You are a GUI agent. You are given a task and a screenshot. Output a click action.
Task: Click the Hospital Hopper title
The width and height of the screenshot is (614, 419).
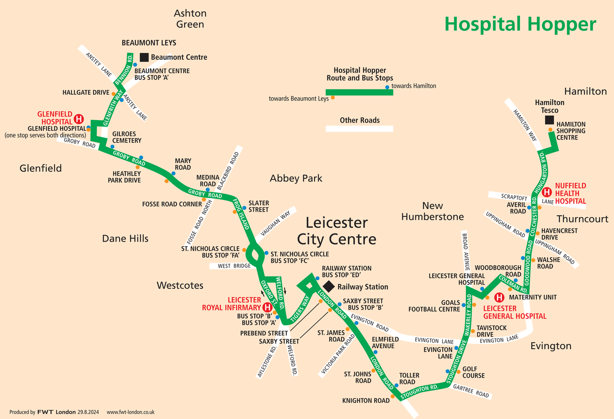point(520,24)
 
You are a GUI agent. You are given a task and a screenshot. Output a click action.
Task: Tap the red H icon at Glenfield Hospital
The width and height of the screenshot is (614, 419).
point(79,119)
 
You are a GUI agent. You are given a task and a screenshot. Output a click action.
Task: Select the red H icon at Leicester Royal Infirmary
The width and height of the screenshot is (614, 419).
point(267,307)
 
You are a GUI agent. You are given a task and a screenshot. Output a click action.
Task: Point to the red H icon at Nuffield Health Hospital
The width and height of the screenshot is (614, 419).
point(546,192)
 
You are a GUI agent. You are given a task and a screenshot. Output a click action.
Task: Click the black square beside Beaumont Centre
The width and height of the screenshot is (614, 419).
point(144,57)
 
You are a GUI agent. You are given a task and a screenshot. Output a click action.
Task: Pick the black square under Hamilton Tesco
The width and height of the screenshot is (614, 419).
point(549,120)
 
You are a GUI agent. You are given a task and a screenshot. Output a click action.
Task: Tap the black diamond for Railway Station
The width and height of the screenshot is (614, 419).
point(329,287)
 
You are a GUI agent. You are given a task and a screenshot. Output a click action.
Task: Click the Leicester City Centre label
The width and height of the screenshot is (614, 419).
point(336,231)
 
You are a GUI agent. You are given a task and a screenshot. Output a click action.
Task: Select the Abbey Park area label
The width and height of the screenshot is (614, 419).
point(296,178)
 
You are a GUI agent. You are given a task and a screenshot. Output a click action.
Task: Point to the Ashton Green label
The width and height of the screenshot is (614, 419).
point(190,19)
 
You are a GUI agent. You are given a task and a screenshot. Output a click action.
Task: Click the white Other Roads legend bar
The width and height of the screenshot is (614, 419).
point(359,129)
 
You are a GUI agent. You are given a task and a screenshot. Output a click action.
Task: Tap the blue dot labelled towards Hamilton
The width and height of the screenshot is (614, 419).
point(387,87)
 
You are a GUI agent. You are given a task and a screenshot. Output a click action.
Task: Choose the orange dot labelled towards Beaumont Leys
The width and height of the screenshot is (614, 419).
point(333,97)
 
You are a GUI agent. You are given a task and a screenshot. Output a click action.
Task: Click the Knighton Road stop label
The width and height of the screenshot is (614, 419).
point(366,401)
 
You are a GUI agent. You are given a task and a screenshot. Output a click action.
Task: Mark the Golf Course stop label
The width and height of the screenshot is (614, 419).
point(473,372)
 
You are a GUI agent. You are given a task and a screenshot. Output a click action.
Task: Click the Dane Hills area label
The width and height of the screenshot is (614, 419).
point(125,238)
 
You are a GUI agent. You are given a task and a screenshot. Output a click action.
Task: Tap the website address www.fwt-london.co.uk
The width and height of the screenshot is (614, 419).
point(131,412)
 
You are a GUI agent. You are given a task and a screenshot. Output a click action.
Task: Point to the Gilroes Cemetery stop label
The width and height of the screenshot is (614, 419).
point(127,137)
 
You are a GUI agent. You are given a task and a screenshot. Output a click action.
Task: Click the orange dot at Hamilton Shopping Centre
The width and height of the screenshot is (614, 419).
point(550,130)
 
